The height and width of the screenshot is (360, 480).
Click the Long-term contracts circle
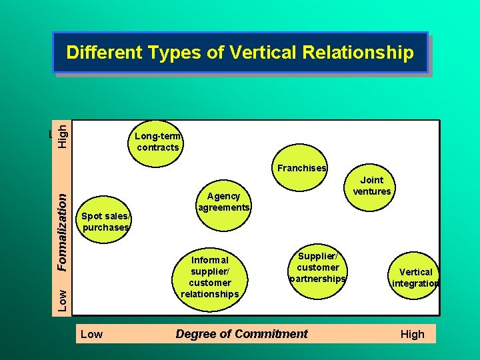click(157, 141)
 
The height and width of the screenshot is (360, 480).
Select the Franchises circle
click(302, 168)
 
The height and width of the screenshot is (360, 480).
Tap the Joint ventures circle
click(371, 186)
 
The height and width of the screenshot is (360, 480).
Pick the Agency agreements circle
click(223, 201)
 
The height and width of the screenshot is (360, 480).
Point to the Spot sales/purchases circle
click(105, 221)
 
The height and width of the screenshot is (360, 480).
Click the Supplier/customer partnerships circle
click(317, 267)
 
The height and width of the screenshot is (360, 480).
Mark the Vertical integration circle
click(415, 277)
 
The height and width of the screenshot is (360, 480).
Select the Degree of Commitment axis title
click(241, 334)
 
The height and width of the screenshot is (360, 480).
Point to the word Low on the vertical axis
click(61, 299)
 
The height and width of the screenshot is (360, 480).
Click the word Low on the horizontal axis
click(91, 334)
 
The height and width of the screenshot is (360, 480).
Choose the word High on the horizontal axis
click(412, 334)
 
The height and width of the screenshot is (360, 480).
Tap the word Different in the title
click(103, 53)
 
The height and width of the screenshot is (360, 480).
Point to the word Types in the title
click(171, 53)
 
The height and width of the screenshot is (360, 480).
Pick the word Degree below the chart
click(194, 334)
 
